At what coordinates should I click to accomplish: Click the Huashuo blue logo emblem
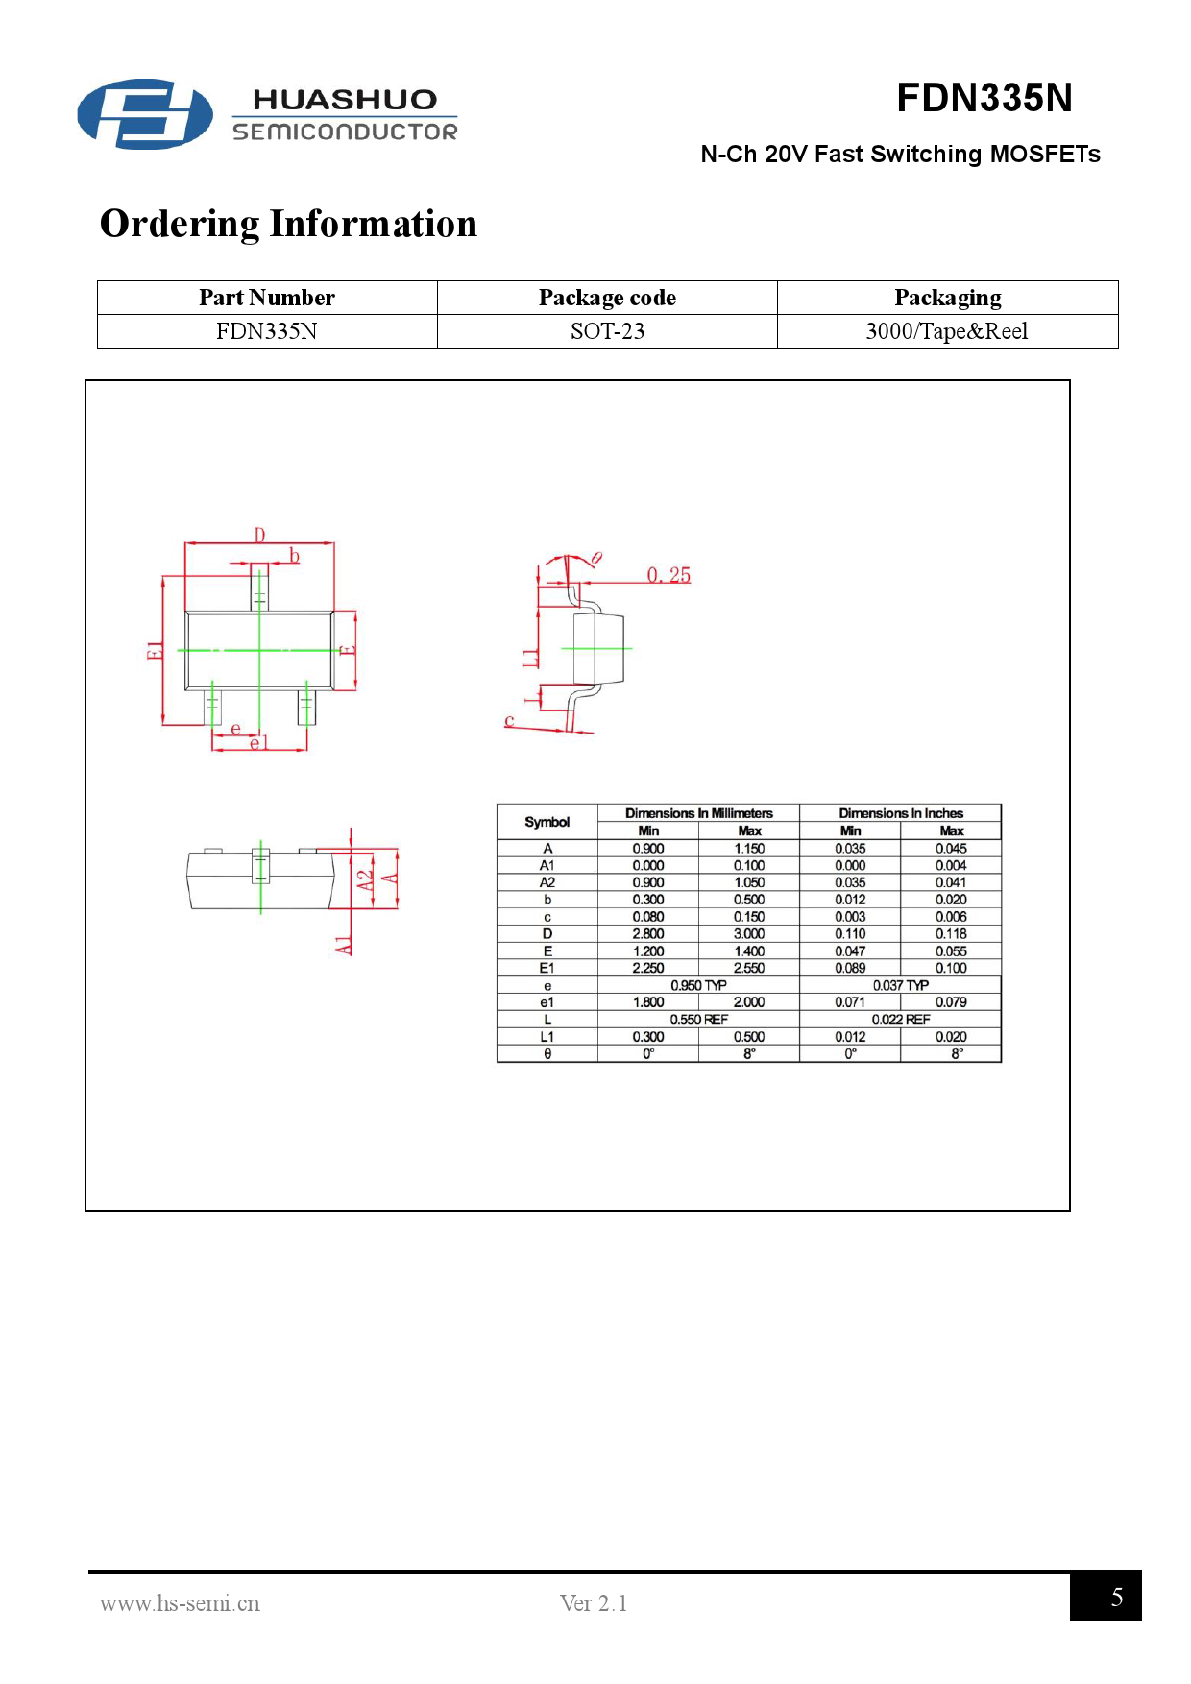pos(145,114)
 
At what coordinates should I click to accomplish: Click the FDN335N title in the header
pos(984,98)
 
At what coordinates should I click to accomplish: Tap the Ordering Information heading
pos(288,224)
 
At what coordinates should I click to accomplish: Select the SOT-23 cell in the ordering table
pos(607,331)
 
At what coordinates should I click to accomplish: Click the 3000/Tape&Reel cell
pos(946,331)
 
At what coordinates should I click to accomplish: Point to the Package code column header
pos(607,298)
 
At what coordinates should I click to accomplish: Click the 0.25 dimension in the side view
pos(668,575)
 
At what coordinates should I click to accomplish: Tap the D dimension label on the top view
pos(259,535)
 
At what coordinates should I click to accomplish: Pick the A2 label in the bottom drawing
pos(365,879)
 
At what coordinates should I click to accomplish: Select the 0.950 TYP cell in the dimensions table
pos(698,985)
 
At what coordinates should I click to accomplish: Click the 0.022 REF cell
pos(900,1020)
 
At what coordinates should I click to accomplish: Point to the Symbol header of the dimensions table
pos(547,822)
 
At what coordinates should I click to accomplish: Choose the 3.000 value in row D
pos(749,933)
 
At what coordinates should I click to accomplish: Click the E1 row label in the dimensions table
pos(547,968)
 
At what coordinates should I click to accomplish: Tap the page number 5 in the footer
pos(1116,1597)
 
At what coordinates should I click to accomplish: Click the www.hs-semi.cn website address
pos(180,1603)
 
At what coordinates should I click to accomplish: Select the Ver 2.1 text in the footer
pos(594,1603)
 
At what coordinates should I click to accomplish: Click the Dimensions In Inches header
pos(900,813)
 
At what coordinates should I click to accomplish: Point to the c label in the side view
pos(509,720)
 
